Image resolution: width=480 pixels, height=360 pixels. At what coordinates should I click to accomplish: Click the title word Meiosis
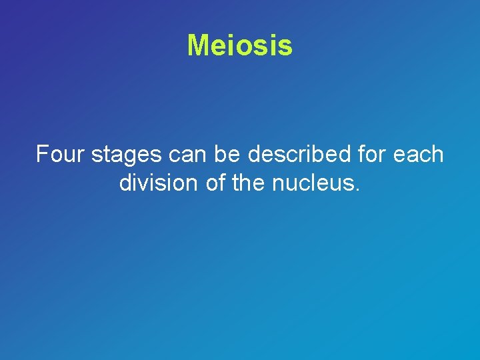point(239,45)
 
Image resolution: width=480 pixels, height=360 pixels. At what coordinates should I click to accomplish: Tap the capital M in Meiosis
point(198,45)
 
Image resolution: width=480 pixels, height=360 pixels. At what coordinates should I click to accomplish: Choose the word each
point(419,155)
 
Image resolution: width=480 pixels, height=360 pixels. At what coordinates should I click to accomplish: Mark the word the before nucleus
point(250,183)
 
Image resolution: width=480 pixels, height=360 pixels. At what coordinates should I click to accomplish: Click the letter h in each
point(437,155)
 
